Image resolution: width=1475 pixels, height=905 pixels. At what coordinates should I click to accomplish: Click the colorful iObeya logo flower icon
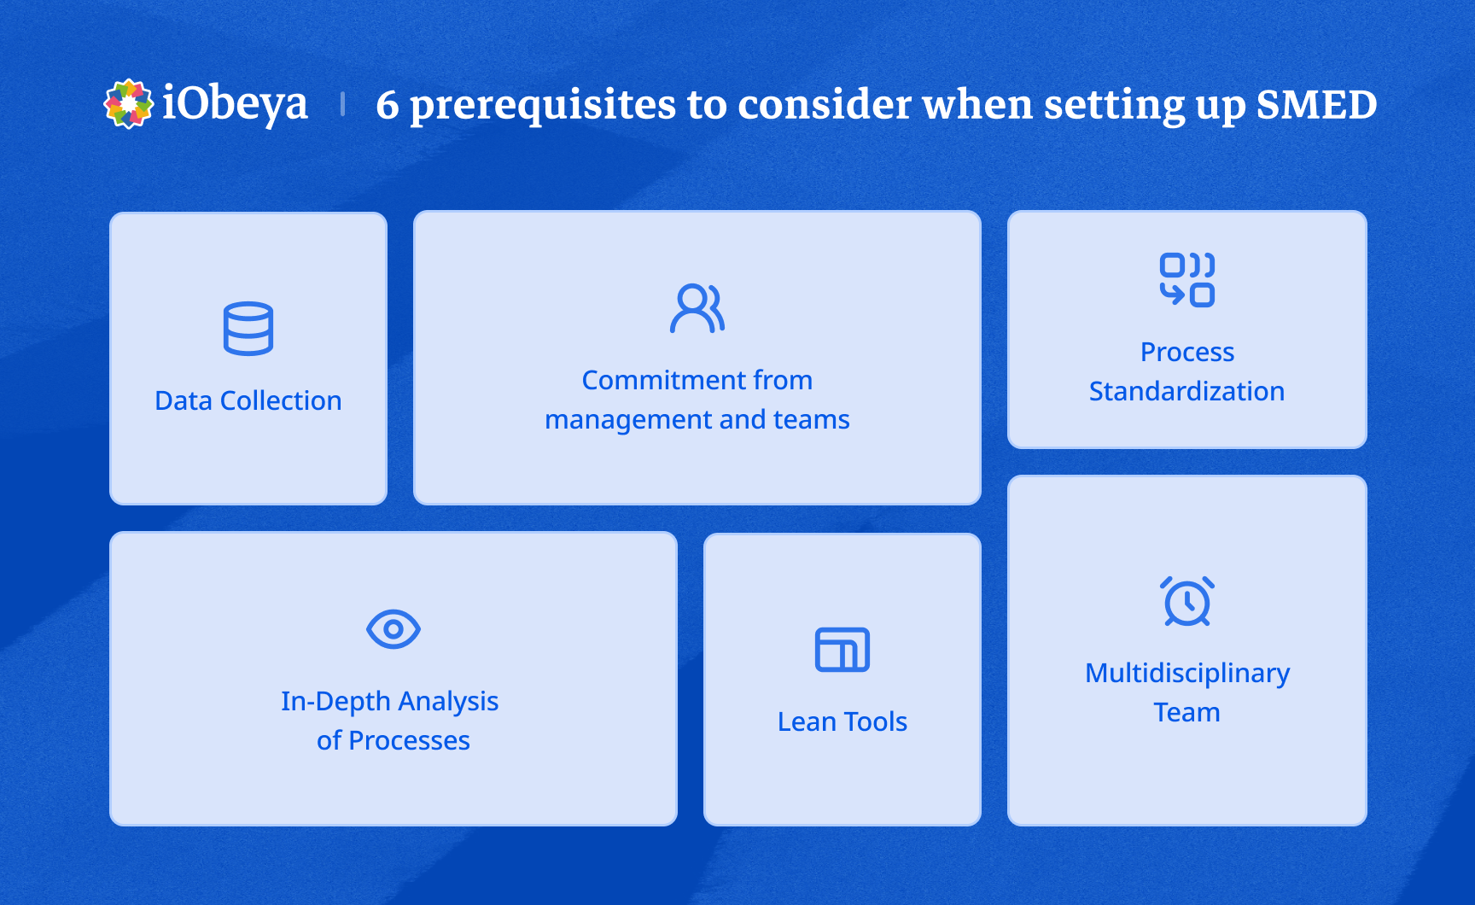tap(128, 104)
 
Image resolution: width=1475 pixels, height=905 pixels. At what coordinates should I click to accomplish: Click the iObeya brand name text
tap(235, 104)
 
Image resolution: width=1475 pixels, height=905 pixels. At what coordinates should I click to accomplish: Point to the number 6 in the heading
tap(387, 106)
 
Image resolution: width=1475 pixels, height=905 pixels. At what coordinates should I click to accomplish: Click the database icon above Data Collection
tap(248, 329)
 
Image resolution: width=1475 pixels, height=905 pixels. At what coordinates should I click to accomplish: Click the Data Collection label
tap(248, 400)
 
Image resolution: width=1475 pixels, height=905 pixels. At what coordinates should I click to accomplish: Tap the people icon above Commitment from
tap(697, 308)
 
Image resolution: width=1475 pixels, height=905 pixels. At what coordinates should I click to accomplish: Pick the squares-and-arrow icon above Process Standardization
tap(1186, 279)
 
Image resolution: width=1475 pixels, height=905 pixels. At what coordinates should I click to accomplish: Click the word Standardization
tap(1186, 391)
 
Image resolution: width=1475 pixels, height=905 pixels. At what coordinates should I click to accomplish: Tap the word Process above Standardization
tap(1187, 352)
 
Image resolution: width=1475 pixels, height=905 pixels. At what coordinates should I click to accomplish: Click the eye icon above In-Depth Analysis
tap(394, 629)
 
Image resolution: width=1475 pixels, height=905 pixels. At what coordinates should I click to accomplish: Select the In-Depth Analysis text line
tap(390, 701)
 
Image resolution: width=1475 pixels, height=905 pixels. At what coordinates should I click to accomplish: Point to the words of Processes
tap(394, 740)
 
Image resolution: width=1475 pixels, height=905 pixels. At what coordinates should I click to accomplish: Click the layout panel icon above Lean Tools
tap(842, 650)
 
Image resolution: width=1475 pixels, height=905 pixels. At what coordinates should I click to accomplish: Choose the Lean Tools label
tap(842, 721)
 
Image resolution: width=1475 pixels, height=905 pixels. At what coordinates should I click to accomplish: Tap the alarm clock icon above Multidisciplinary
tap(1186, 602)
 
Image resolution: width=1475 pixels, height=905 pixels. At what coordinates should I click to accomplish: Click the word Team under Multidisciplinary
tap(1186, 712)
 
